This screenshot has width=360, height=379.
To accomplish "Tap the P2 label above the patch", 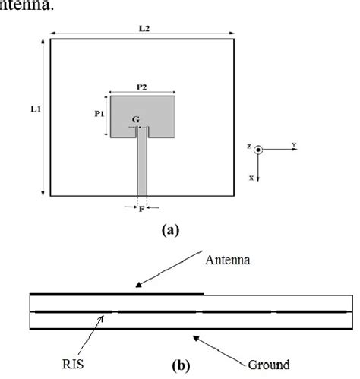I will tap(142, 88).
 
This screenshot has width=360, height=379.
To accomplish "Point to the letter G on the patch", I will tap(135, 120).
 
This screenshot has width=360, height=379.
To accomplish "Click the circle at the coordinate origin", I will tap(258, 150).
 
